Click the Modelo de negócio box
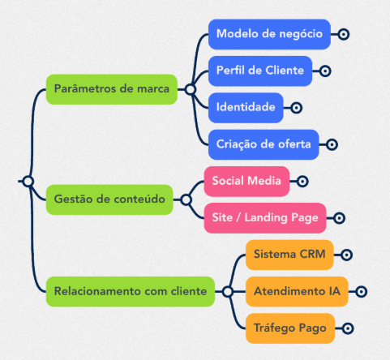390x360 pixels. coord(269,34)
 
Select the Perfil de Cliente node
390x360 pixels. coord(260,71)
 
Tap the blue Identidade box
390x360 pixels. coord(246,108)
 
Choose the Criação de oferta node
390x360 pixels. coord(264,144)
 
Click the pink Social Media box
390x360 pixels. coord(246,181)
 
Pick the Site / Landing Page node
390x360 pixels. coord(265,218)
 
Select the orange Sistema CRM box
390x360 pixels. coord(289,255)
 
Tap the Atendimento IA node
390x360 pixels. coord(297,291)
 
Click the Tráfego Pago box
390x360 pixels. coord(290,328)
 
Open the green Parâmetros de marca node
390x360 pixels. coord(112,89)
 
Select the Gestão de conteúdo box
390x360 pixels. coord(109,199)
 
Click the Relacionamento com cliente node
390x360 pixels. coord(131,291)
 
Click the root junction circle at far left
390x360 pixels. coord(28,181)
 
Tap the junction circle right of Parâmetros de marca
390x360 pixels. coord(191,89)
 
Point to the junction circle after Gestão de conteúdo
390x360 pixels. coord(186,199)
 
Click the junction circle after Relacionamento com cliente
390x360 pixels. coord(228,292)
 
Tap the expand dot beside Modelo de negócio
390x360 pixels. coord(344,34)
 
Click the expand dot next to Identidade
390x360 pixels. coord(296,108)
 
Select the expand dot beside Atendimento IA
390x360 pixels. coord(361,292)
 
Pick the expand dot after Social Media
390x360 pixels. coord(302,182)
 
